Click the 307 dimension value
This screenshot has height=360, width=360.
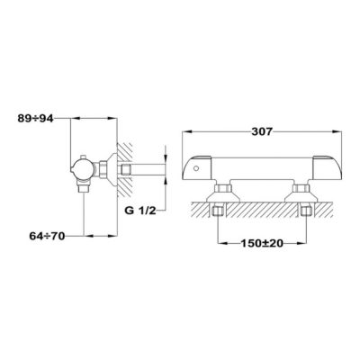262,131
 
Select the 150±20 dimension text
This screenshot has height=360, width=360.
262,244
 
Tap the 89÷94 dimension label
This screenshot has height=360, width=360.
35,119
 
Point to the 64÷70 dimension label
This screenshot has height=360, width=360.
47,237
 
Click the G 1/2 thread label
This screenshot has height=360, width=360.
140,211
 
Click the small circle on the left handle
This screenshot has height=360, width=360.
195,168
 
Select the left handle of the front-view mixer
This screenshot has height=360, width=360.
200,168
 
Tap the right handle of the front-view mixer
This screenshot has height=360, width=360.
328,168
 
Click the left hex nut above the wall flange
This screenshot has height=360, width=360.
223,188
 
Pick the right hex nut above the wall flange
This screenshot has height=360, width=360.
301,188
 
